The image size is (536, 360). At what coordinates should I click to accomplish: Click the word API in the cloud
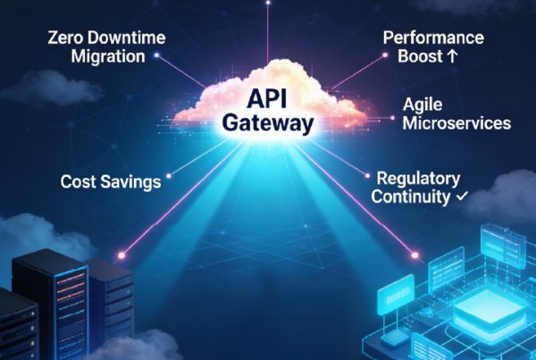point(268,96)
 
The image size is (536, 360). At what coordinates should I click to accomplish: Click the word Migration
point(106,57)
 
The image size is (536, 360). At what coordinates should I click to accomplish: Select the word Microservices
point(456,122)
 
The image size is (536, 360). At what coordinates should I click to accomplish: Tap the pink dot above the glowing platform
point(415,256)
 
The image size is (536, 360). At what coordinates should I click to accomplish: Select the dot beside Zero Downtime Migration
point(157,54)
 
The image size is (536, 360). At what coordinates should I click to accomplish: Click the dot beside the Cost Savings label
point(169,181)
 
